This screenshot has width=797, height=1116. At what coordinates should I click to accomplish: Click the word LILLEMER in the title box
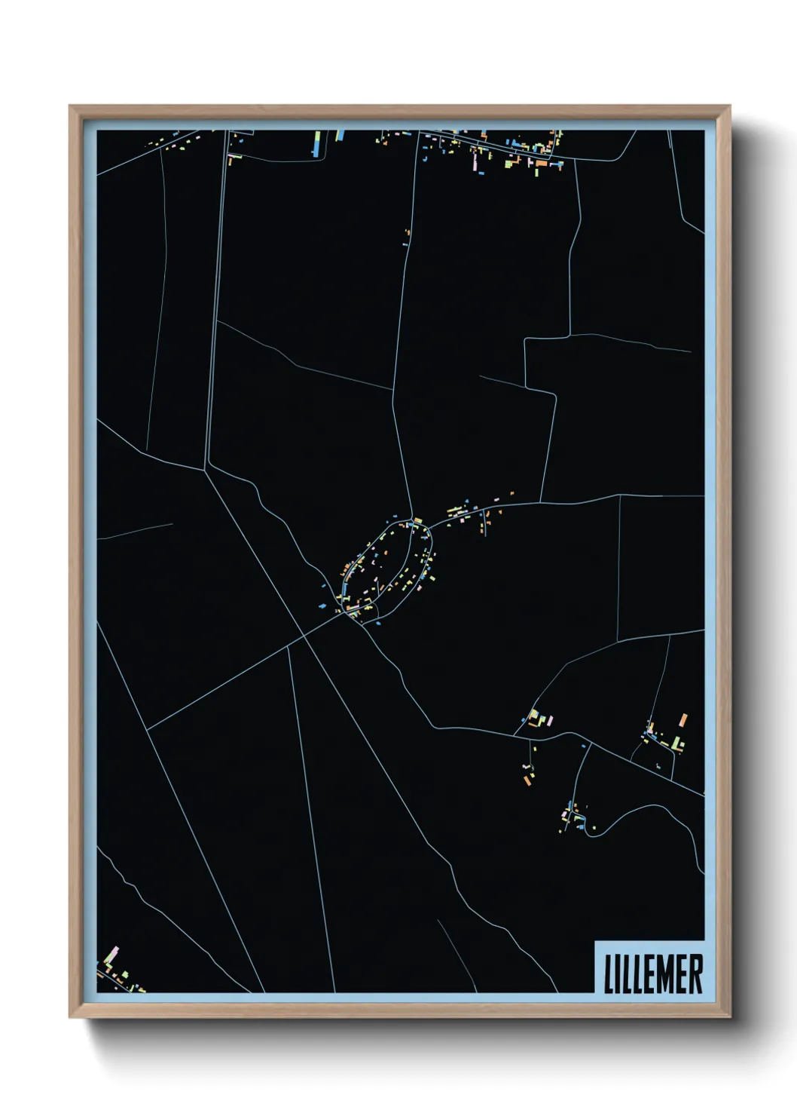[652, 973]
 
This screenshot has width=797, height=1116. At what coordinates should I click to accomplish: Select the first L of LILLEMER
[608, 973]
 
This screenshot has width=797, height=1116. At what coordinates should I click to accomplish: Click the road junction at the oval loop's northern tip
[414, 520]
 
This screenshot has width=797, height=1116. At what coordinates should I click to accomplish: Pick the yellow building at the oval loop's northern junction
[417, 520]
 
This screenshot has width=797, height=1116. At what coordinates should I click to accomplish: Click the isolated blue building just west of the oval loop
[322, 606]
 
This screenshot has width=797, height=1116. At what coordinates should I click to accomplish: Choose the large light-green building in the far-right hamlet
[679, 743]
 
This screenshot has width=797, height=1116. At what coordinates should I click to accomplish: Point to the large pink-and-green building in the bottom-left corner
[114, 955]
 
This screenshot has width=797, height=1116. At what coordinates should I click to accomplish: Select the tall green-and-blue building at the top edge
[317, 143]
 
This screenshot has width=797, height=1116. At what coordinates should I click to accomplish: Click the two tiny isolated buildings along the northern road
[408, 237]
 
